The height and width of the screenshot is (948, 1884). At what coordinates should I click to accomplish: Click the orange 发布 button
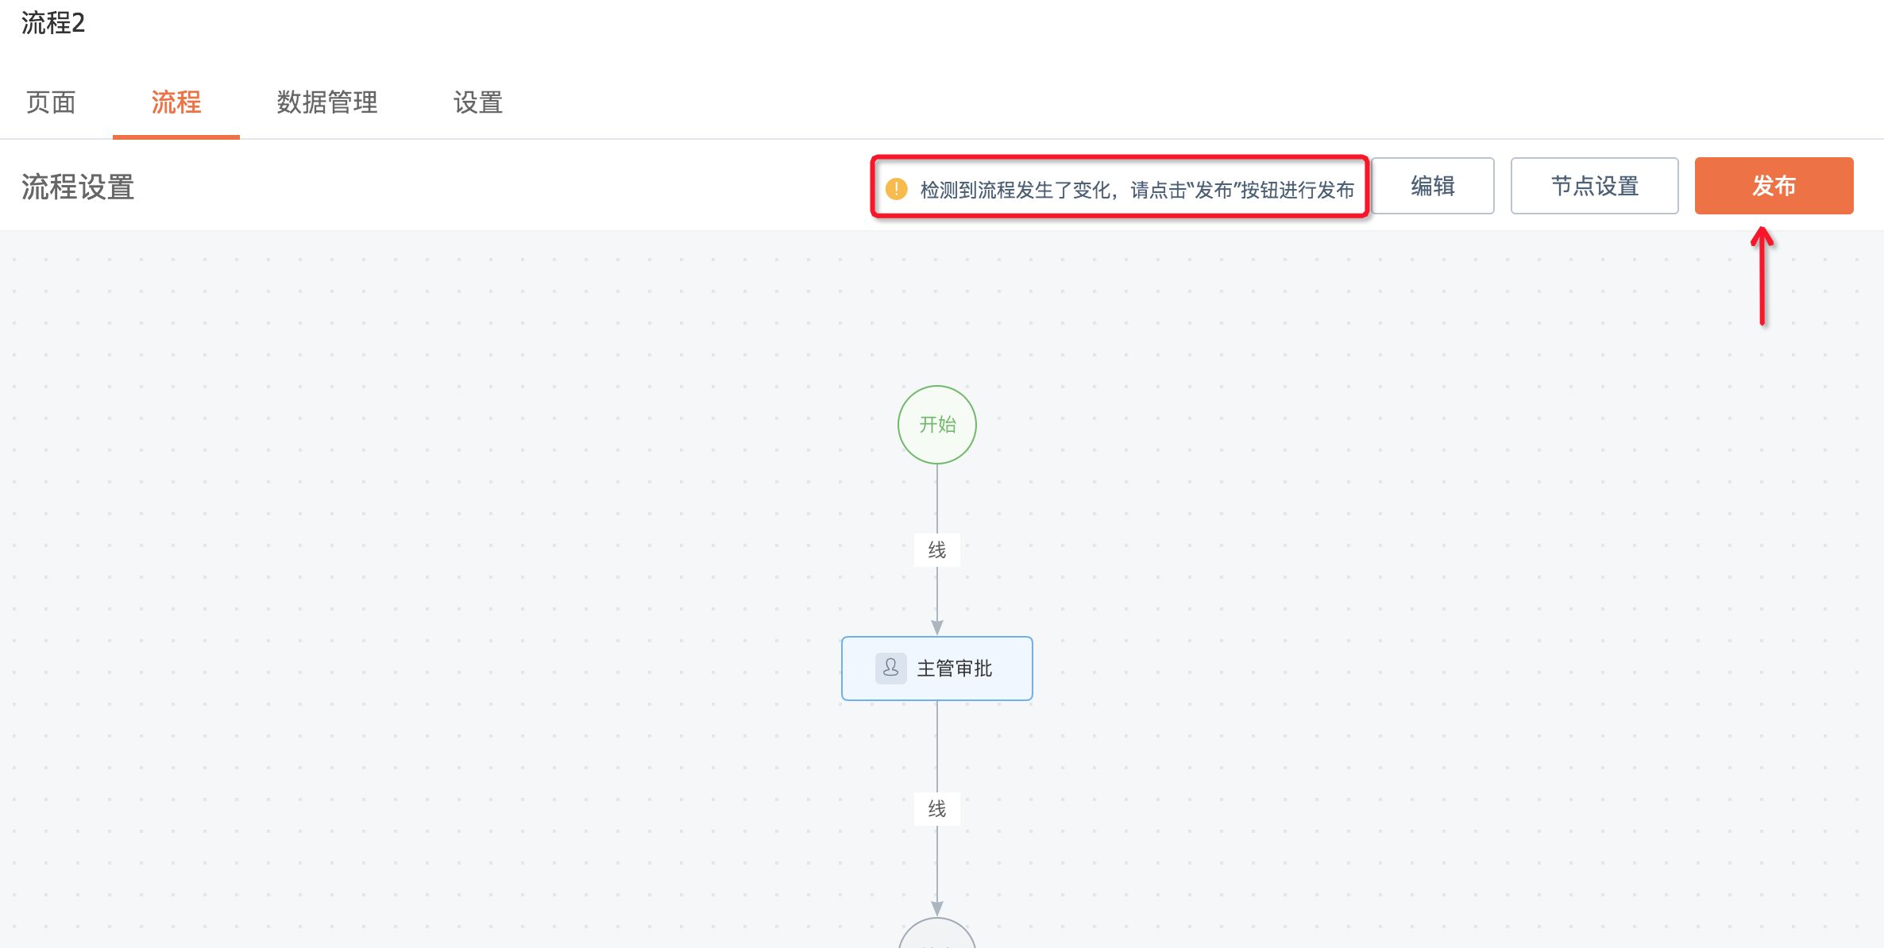click(1774, 186)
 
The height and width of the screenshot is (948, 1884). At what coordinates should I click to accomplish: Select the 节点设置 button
click(1594, 186)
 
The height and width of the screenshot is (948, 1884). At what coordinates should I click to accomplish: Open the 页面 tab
click(51, 102)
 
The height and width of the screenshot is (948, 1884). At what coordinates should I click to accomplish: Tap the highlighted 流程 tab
click(176, 102)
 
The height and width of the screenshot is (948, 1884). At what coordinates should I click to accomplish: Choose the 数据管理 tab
click(326, 102)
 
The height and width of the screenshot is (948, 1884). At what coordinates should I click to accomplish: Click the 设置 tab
click(477, 102)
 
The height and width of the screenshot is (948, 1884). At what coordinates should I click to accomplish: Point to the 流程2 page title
click(53, 23)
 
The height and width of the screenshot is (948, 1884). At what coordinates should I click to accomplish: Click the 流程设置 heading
click(78, 187)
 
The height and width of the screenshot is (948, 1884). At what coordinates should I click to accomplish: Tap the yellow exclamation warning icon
click(897, 189)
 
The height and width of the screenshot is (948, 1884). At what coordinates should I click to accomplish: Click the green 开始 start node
click(937, 425)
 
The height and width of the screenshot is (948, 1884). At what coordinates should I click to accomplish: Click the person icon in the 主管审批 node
click(891, 669)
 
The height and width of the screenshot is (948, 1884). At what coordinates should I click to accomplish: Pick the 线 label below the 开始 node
click(937, 550)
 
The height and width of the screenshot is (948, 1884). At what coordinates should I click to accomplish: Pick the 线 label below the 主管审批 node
click(937, 809)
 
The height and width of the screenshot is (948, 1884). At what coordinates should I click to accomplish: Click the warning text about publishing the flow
click(1137, 190)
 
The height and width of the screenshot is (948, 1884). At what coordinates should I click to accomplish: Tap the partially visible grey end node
click(937, 935)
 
